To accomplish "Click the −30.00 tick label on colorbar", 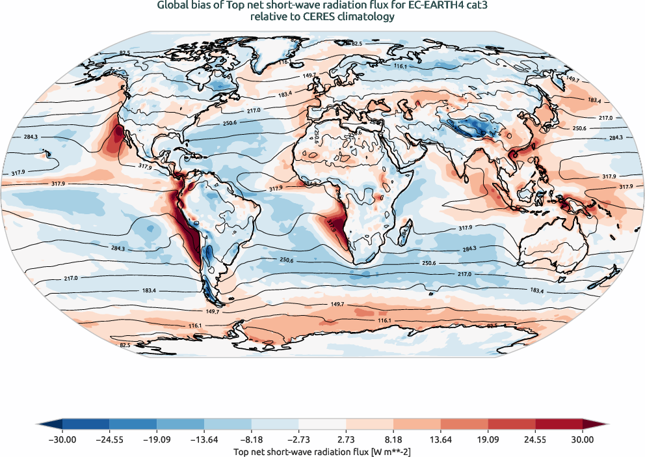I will tap(62, 440).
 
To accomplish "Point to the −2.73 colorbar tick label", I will tap(299, 440).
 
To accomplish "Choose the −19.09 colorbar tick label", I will tap(157, 440).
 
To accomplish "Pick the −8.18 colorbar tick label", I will tap(252, 440).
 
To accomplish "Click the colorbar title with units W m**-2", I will tap(322, 451).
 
